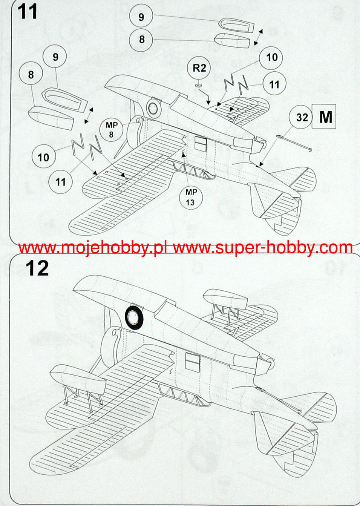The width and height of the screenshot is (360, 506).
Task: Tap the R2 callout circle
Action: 199,68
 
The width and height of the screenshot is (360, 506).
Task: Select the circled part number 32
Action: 302,118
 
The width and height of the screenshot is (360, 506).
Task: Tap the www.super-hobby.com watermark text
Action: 263,248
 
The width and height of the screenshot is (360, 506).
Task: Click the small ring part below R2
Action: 198,86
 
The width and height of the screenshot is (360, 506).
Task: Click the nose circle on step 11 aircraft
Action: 153,109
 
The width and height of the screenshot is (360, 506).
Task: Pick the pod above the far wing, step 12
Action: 225,298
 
